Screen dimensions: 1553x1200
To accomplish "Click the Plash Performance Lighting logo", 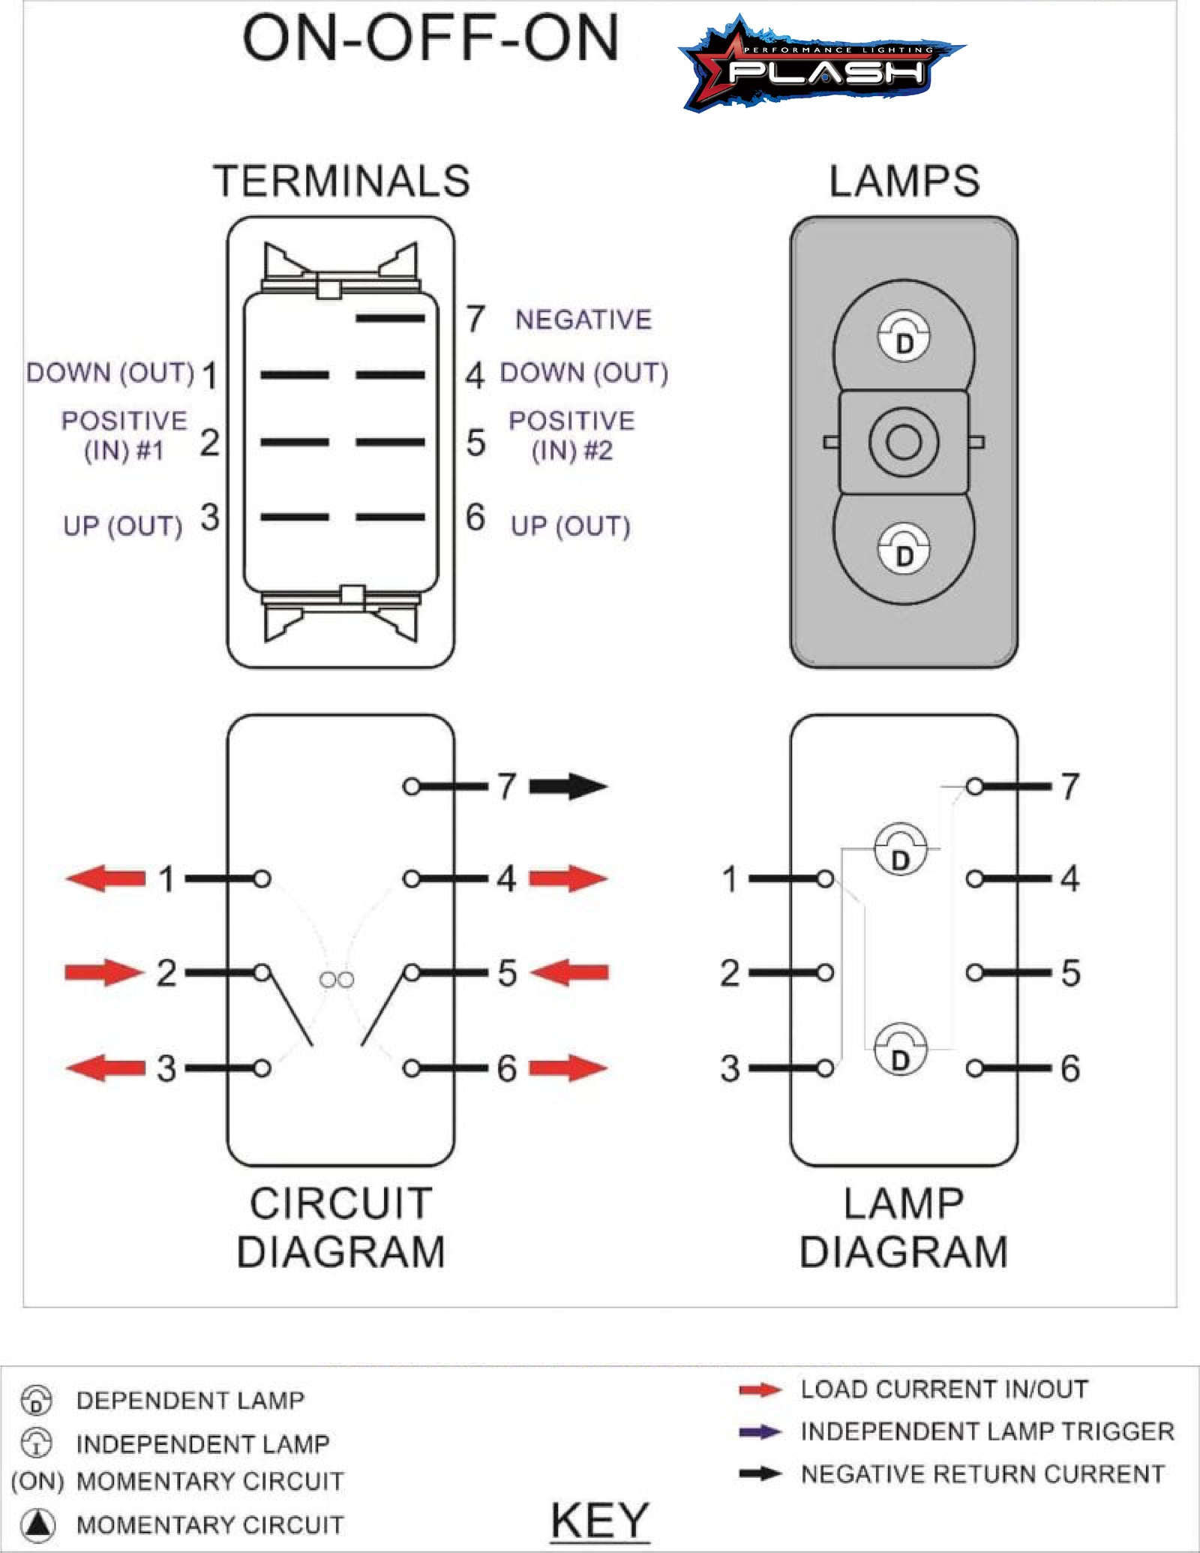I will [821, 66].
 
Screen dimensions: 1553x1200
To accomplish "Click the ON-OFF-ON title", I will [430, 39].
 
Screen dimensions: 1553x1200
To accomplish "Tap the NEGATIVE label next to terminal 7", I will [583, 320].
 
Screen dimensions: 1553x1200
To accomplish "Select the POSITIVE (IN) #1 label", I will [124, 435].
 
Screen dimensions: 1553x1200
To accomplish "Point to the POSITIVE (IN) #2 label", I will [571, 435].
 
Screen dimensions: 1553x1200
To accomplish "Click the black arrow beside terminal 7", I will [568, 786].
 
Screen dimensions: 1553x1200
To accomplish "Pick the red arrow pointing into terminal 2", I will [103, 972].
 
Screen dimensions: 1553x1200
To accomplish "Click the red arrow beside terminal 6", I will [568, 1068].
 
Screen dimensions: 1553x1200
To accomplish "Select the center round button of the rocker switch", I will [904, 442].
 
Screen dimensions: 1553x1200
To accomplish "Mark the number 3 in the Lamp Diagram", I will [730, 1068].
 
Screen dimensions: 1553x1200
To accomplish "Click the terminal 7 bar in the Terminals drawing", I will [390, 319].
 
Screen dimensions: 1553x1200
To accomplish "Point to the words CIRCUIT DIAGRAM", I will [341, 1227].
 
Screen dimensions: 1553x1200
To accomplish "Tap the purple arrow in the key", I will [760, 1431].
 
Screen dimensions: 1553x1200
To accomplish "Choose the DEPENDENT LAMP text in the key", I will [190, 1400].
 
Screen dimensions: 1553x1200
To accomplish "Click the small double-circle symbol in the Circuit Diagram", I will [337, 980].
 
